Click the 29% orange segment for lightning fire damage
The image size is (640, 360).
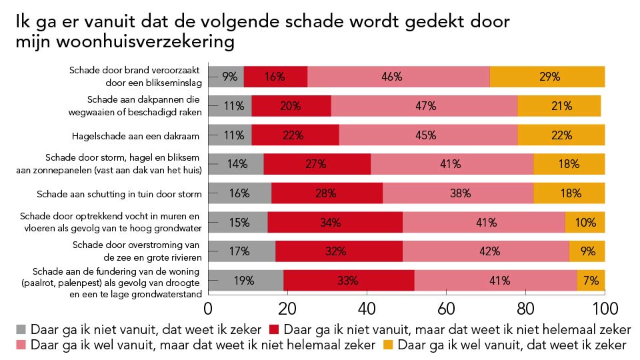(547, 77)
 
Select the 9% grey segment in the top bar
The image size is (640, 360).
(226, 77)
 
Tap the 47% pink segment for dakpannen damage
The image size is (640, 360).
(424, 106)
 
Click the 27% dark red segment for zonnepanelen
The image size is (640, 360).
(317, 164)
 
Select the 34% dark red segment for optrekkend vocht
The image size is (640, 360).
(335, 222)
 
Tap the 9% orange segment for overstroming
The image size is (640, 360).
(587, 251)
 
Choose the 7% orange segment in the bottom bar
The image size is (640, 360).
(591, 280)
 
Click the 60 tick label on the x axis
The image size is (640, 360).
(446, 309)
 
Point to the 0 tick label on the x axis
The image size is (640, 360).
(209, 309)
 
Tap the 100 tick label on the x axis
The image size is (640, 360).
(604, 309)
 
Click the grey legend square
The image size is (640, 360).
(21, 329)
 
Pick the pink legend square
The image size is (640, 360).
(21, 345)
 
